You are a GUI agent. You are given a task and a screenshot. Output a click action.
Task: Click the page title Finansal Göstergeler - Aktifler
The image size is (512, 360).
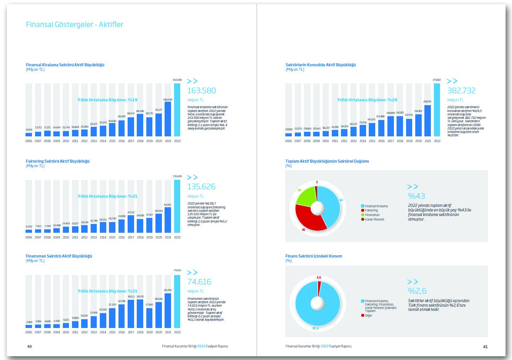tap(75, 25)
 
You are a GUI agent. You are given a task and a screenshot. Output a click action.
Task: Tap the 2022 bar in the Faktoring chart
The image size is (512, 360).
tap(177, 206)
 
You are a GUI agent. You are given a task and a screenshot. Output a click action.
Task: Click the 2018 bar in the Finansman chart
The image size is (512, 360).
tap(140, 314)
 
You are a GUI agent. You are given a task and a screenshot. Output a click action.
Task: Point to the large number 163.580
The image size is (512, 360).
tap(202, 91)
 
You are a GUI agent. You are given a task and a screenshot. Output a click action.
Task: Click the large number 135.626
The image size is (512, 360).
tap(202, 187)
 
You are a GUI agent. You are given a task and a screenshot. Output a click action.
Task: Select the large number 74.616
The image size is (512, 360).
tap(199, 282)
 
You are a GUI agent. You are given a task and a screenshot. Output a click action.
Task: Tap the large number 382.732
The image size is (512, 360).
tap(461, 91)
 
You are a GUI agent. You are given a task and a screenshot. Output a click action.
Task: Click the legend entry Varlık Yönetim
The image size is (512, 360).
tap(374, 219)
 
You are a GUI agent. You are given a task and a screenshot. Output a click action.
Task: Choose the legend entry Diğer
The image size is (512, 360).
tap(368, 315)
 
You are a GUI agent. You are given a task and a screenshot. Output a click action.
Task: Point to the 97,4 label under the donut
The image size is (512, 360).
tap(315, 328)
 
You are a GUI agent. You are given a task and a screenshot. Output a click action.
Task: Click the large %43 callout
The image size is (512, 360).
tap(416, 196)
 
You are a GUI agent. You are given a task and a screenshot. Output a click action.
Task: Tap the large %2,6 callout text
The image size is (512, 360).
tap(417, 291)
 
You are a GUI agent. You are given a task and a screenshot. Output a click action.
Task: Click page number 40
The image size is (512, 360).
tap(29, 347)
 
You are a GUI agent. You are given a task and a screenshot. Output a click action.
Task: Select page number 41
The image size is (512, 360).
tap(485, 347)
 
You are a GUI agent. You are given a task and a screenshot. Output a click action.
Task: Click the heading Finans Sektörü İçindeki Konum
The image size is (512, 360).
tap(314, 256)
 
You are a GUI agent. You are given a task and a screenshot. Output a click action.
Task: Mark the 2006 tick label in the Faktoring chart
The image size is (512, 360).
tap(29, 237)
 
